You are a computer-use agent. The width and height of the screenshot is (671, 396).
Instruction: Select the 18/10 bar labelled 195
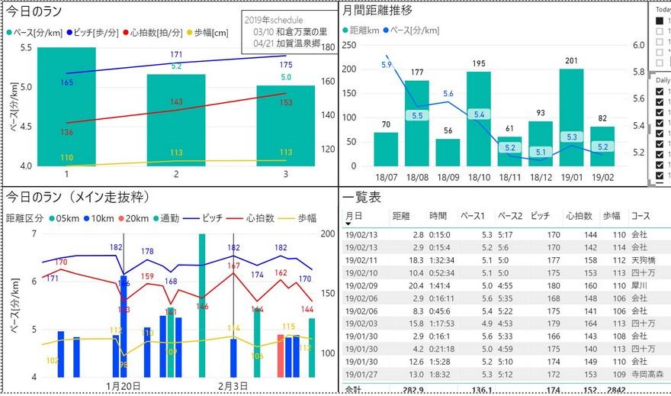click(478, 118)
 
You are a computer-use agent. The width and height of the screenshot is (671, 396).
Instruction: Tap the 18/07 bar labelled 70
click(386, 149)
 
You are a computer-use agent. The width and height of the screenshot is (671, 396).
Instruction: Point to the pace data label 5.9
click(386, 65)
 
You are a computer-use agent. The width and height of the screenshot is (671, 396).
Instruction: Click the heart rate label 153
click(285, 102)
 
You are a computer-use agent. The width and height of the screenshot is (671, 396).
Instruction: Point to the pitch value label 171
click(176, 55)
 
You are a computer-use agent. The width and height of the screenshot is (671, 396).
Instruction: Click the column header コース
click(640, 216)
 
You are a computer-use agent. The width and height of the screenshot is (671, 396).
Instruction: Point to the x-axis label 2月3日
click(233, 386)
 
